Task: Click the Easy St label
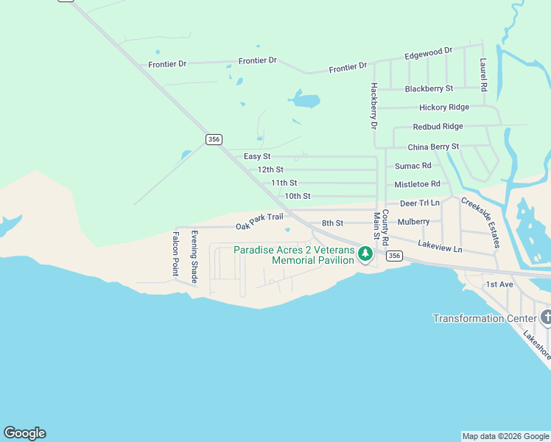coord(257,157)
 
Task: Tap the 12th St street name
coord(270,169)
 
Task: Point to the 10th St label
coord(298,196)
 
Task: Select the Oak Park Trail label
coord(259,222)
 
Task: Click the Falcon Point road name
coord(176,253)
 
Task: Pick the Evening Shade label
coord(194,257)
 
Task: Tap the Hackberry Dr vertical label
coord(373,106)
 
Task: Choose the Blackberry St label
coord(429,88)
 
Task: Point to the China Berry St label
coord(433,147)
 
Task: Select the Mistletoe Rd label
coord(417,184)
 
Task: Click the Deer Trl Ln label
coord(419,203)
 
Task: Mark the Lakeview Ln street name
coord(440,246)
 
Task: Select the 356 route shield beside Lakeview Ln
coord(394,256)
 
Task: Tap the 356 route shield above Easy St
coord(214,139)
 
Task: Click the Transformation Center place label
coord(484,318)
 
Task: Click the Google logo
coord(24,433)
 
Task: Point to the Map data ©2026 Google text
coord(505,436)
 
